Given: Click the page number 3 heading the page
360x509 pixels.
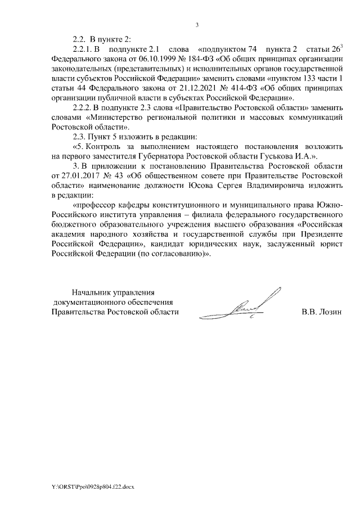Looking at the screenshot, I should [197, 25].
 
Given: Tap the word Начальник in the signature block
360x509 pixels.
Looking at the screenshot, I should [90, 291].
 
